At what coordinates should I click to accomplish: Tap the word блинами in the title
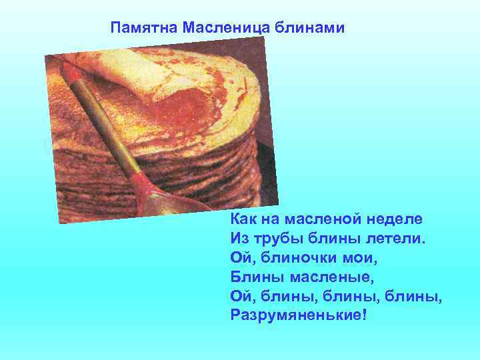tap(309, 28)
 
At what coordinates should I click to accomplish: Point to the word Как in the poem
tap(243, 219)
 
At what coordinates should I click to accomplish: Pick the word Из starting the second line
tap(239, 237)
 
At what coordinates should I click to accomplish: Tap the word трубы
tap(277, 238)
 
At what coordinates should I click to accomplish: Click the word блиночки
tap(303, 256)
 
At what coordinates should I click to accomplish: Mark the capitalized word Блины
tap(253, 275)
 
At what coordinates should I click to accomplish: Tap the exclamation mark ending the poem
tap(363, 312)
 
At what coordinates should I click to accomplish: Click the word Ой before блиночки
tap(241, 256)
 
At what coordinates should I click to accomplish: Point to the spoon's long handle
tap(100, 113)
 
